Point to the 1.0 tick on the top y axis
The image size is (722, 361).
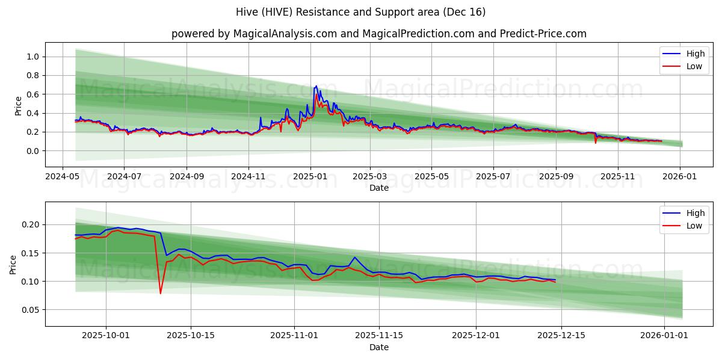point(34,57)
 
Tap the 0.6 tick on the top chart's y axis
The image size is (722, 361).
point(34,94)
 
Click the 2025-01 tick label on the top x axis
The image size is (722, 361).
point(310,177)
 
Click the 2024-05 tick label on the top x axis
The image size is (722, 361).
point(63,177)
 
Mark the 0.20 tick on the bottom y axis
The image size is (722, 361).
point(31,224)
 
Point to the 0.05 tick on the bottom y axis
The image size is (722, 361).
point(31,310)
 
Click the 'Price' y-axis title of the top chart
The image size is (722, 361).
point(18,105)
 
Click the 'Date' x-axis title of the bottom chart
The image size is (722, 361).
point(378,347)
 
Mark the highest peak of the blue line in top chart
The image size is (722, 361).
point(316,86)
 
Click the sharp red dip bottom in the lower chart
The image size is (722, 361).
point(161,294)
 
